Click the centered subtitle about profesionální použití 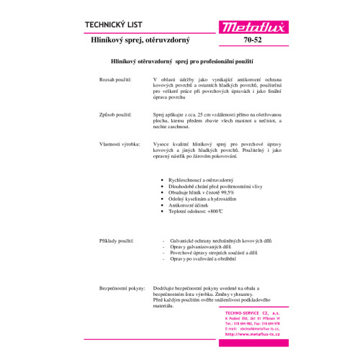pyautogui.click(x=179, y=63)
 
